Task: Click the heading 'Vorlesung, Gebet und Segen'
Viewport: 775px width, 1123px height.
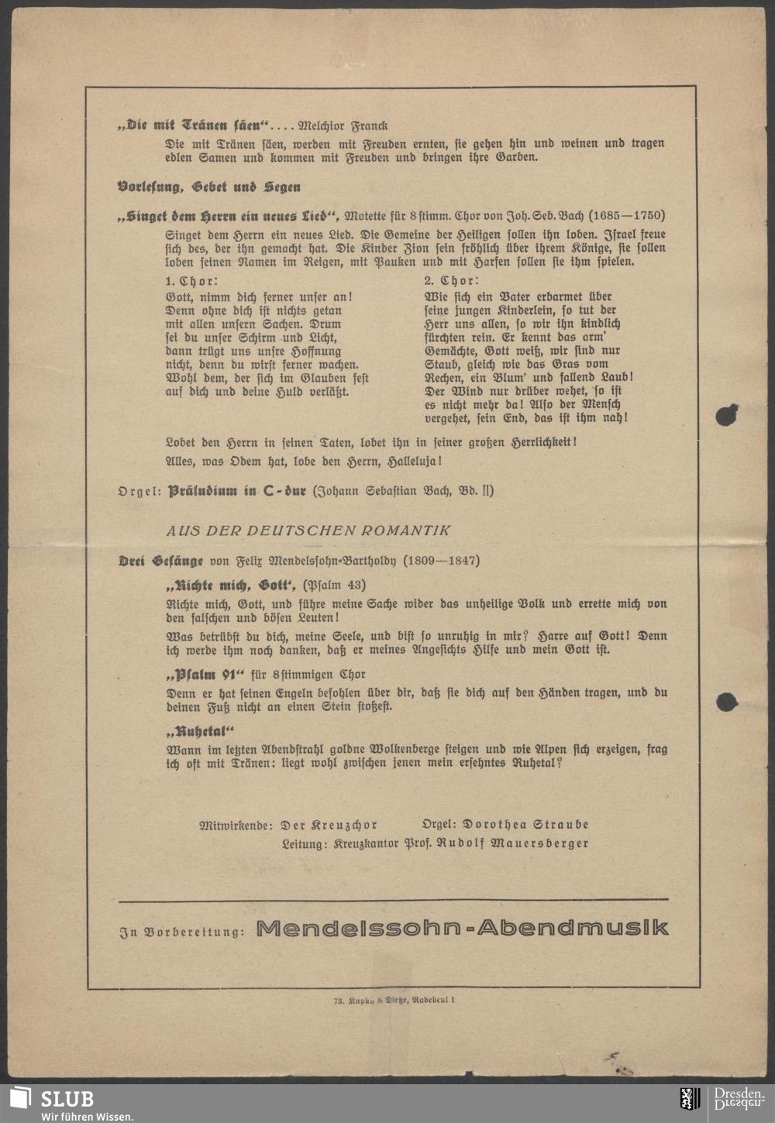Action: tap(209, 187)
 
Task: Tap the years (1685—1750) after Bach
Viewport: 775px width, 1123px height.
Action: tap(626, 216)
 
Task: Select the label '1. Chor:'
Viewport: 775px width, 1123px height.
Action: tap(192, 281)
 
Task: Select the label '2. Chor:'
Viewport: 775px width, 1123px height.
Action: tap(452, 281)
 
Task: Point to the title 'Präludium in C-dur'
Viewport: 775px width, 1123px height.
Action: tap(237, 491)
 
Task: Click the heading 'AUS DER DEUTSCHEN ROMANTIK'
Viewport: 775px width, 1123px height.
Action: tap(308, 531)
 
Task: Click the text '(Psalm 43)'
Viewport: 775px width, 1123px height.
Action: tap(334, 585)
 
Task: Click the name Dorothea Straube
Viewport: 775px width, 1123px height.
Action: tap(526, 825)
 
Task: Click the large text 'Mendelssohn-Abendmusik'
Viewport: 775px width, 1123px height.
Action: tap(462, 928)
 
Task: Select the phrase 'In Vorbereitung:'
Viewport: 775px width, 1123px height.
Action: tap(182, 932)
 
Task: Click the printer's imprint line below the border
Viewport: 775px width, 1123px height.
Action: tap(394, 1001)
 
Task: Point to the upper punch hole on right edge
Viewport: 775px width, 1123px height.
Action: tap(725, 416)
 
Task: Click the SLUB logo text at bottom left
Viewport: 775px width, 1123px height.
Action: tap(67, 1099)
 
